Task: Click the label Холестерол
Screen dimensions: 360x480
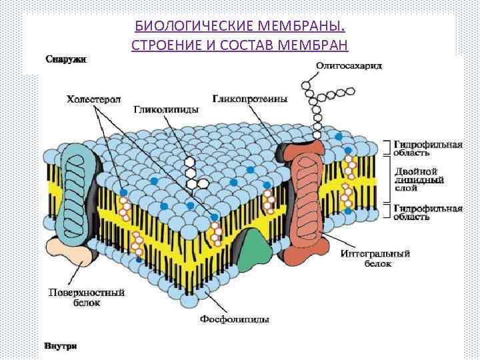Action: (x=93, y=99)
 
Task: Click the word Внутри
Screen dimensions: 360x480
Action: (x=61, y=346)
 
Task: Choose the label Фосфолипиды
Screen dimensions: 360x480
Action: (x=235, y=319)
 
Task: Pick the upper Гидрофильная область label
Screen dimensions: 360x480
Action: (x=427, y=148)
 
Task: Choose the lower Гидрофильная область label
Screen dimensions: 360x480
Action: (x=427, y=212)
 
